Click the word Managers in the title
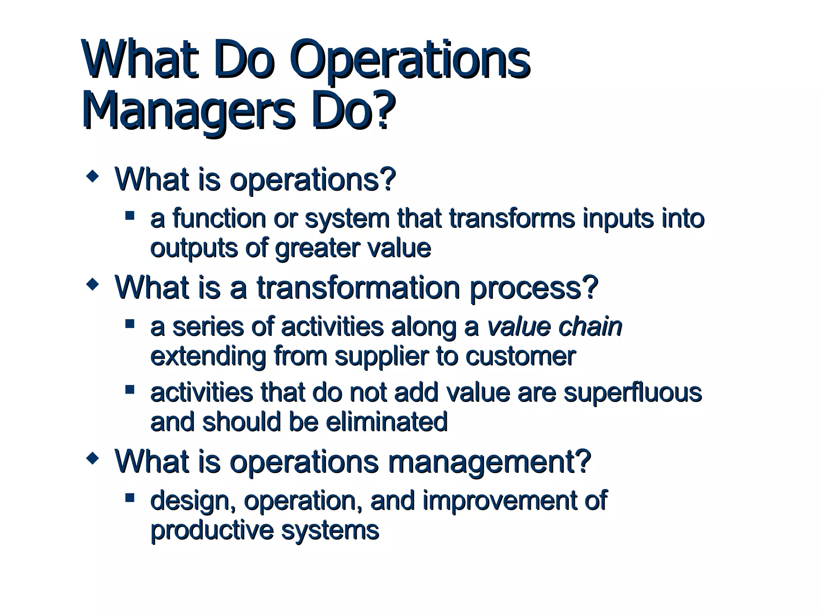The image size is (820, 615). [188, 110]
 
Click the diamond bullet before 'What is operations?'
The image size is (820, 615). [93, 176]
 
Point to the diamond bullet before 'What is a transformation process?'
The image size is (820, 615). [93, 285]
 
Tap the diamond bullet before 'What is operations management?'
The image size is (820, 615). [93, 459]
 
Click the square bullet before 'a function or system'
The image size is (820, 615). [130, 216]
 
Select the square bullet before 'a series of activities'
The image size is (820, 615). [130, 324]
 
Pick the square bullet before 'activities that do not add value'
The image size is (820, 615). [130, 390]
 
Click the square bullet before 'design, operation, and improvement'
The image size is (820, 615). [130, 498]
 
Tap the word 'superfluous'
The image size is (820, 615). [632, 393]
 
